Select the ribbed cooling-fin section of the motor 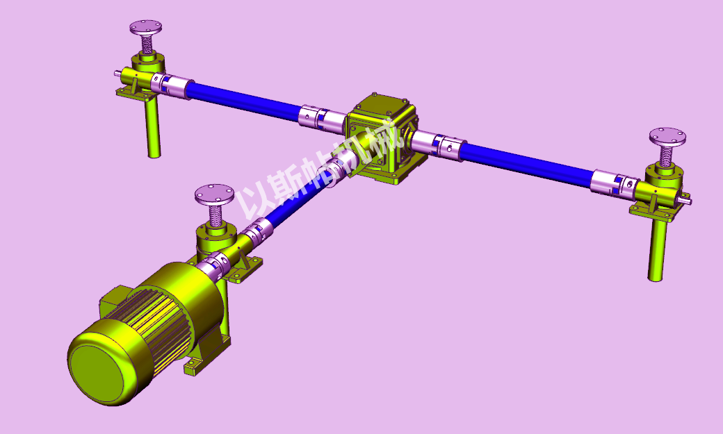(167, 306)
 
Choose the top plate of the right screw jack (667, 135)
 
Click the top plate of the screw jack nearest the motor (214, 194)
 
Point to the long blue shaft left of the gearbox (243, 100)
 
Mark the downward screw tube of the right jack (656, 250)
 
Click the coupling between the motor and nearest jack (212, 267)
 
